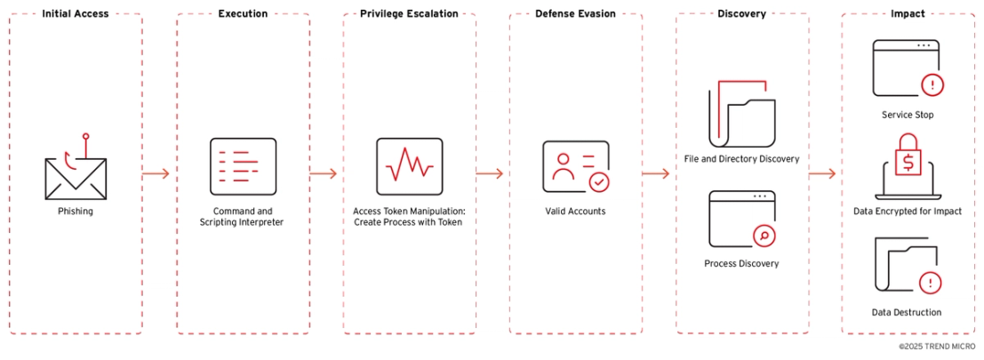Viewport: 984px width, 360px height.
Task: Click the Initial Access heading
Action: coord(76,14)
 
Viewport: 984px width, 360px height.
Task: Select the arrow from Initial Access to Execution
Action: coord(156,173)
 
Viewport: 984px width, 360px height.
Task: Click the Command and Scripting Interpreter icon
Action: coord(243,165)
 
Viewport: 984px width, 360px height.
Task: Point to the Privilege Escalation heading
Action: coord(409,14)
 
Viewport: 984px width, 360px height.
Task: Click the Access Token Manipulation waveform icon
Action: coord(409,165)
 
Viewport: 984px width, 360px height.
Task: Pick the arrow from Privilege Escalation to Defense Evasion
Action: coord(490,173)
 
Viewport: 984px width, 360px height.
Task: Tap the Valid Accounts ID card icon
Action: coord(575,166)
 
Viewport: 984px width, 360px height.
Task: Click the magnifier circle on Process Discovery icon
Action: coord(764,236)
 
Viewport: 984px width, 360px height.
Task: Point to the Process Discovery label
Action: coord(741,263)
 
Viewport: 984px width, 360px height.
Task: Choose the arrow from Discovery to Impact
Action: coord(822,173)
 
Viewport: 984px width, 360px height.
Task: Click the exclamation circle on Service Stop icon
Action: coord(932,84)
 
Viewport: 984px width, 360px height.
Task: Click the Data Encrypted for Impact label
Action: coord(908,212)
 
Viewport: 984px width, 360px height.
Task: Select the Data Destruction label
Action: coord(908,312)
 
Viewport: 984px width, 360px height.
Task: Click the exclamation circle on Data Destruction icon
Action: coord(931,283)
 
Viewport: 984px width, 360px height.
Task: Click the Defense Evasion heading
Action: coord(575,14)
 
